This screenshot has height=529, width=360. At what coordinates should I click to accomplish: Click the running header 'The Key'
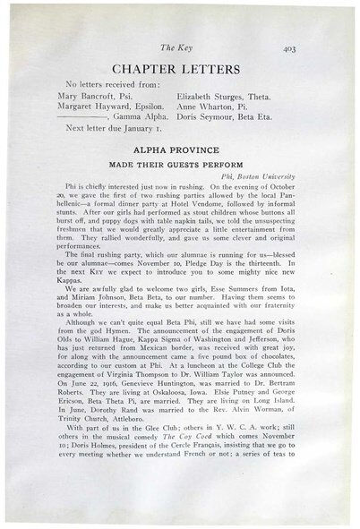tap(178, 51)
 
